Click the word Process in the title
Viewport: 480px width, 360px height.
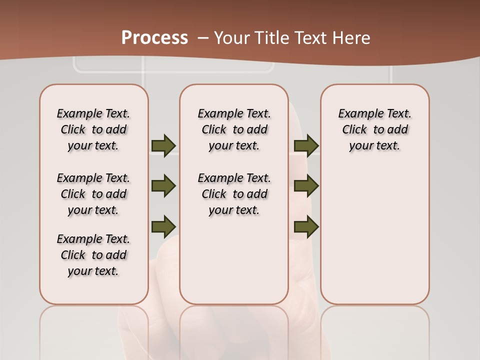154,37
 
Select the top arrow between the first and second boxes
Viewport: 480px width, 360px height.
163,145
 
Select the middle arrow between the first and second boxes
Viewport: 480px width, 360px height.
163,186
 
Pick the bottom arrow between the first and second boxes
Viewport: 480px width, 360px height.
163,225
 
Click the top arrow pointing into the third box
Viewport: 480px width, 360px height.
306,145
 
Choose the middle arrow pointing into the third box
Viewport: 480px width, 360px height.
306,186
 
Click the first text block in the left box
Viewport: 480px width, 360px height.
93,129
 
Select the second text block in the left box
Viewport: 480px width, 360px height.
93,194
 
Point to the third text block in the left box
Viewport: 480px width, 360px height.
93,255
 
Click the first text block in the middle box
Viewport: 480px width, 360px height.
234,129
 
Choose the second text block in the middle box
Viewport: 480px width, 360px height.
234,194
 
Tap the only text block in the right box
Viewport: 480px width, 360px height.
374,129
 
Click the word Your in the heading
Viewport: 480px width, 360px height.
231,38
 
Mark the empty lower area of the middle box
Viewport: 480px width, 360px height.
234,260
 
